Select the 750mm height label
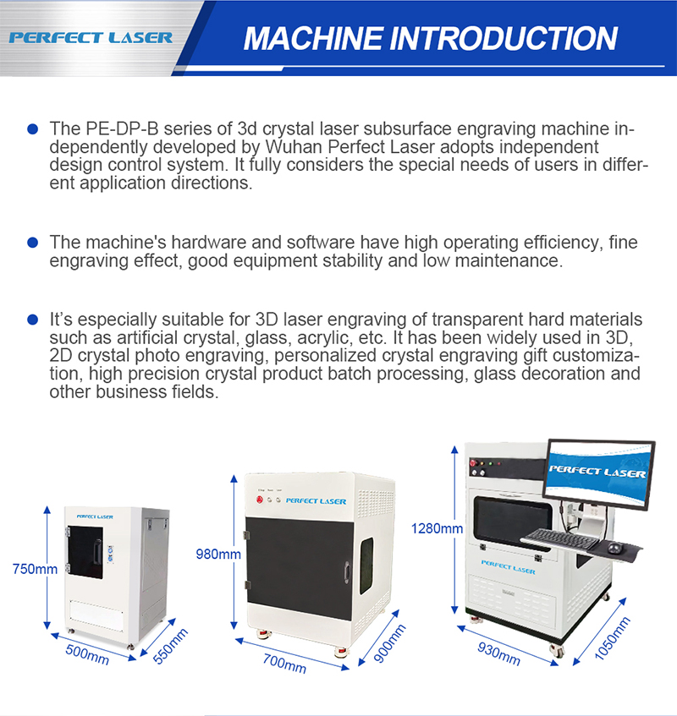click(35, 569)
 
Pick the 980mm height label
click(218, 555)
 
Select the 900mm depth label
click(389, 645)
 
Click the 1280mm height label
click(437, 529)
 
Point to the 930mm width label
click(499, 655)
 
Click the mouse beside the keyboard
click(616, 550)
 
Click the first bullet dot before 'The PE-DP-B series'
click(33, 129)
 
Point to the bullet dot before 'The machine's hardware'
click(33, 243)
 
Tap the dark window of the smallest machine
click(85, 552)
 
